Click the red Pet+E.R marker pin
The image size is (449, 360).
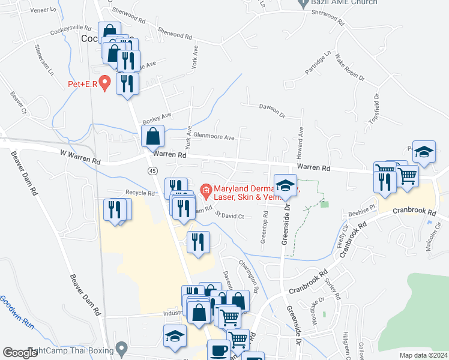pos(105,82)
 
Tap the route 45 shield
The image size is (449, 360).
pos(153,172)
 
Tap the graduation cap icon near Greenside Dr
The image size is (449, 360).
pos(286,185)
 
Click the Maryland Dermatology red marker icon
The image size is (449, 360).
pos(206,192)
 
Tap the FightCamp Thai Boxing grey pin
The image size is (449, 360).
pos(122,348)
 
